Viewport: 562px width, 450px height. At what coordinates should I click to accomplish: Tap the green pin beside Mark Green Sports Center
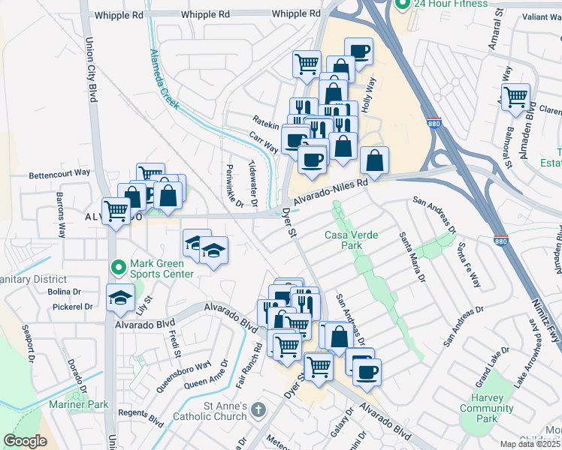coord(118,266)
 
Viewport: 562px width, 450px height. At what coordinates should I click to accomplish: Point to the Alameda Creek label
coord(164,79)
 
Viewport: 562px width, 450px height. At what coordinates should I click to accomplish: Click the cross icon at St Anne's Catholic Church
coord(258,409)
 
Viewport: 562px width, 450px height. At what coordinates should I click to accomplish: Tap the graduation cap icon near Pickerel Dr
coord(120,298)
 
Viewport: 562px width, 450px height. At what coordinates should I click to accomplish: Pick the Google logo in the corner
coord(25,440)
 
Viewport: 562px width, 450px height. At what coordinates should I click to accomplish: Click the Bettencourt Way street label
coord(59,173)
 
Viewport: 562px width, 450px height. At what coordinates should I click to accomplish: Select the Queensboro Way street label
coord(183,377)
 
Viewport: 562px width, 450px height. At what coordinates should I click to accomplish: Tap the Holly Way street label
coord(368,96)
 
